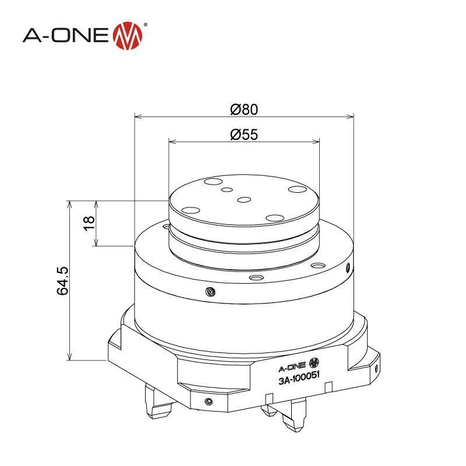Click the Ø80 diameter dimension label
tap(243, 109)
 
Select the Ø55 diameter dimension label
tap(243, 135)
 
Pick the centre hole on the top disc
tap(244, 200)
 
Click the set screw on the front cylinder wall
tap(210, 291)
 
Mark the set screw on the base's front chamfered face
tap(209, 401)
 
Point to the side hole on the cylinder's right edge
tap(348, 268)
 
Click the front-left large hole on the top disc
tap(190, 210)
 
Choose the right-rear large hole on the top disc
tap(298, 190)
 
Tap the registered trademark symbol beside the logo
tap(145, 25)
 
